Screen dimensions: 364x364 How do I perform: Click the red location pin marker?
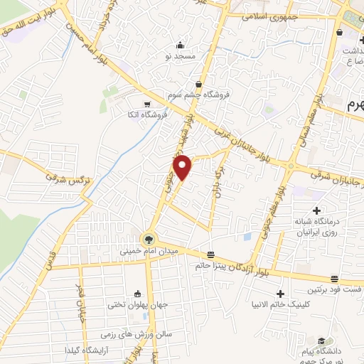point(183,168)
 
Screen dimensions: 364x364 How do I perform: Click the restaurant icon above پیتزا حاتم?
point(210,255)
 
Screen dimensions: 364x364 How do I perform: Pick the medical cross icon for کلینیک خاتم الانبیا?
point(281,294)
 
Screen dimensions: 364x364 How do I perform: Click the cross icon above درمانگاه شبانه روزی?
point(316,210)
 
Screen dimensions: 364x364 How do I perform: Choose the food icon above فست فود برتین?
point(334,279)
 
